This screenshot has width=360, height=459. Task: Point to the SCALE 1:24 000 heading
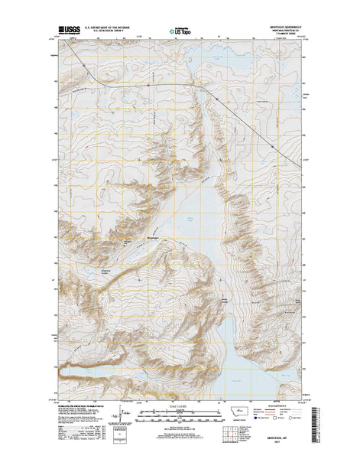[180, 405]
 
